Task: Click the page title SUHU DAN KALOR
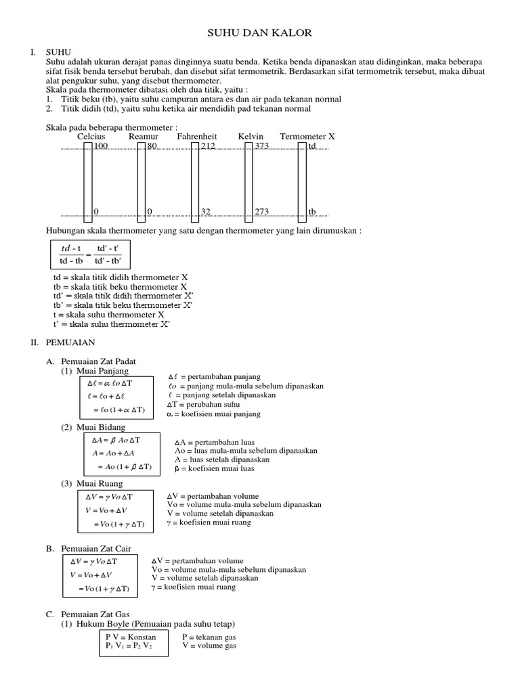[x=259, y=32]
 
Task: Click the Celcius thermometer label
[x=91, y=137]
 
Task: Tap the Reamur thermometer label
[x=144, y=137]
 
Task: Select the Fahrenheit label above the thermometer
[x=197, y=137]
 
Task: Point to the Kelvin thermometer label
[x=251, y=137]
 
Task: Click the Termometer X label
[x=307, y=137]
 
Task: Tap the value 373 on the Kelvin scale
[x=261, y=146]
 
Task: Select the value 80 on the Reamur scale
[x=152, y=146]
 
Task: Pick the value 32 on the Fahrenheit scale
[x=206, y=212]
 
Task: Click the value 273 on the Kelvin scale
[x=261, y=212]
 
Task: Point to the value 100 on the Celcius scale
[x=100, y=146]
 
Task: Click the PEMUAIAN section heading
[x=70, y=343]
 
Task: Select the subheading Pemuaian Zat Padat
[x=99, y=362]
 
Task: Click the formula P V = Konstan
[x=131, y=637]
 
